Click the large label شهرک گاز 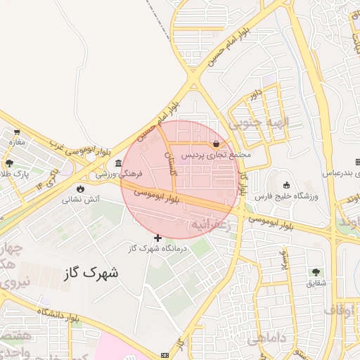click(x=91, y=272)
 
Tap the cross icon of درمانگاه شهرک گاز click(x=157, y=238)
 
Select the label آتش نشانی click(x=82, y=200)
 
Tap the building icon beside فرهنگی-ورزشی click(x=118, y=164)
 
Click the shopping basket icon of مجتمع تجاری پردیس click(x=224, y=143)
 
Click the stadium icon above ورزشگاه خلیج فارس click(x=287, y=185)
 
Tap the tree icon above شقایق click(x=314, y=272)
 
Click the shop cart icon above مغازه click(x=16, y=131)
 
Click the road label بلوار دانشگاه click(x=51, y=314)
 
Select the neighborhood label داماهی click(x=267, y=337)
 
